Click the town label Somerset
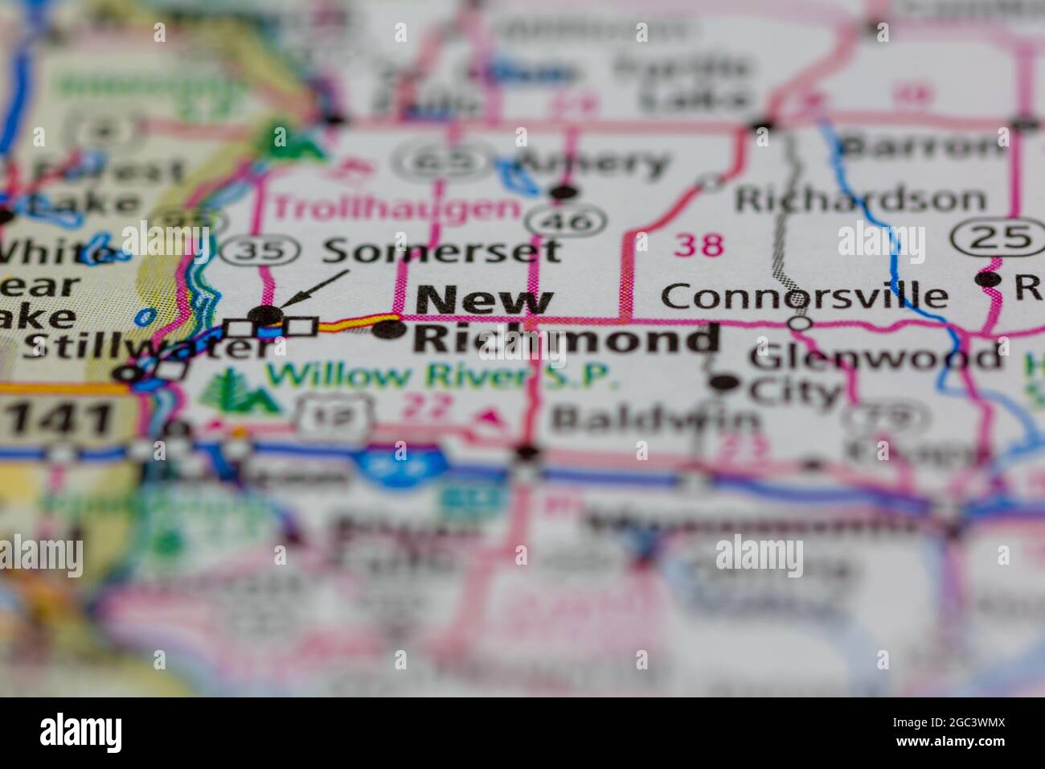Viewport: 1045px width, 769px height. tap(441, 251)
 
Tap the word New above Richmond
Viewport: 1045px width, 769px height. tap(485, 301)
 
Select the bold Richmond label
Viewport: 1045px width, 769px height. tap(566, 339)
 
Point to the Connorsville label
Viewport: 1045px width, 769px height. tap(804, 294)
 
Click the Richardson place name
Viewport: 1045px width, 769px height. tap(859, 199)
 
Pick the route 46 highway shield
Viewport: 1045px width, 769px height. tap(566, 220)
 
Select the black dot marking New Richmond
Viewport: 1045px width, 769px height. tap(389, 330)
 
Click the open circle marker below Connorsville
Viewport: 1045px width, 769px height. tap(801, 323)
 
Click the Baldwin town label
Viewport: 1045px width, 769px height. tap(653, 419)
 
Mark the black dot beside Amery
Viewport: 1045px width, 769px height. tap(564, 191)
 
